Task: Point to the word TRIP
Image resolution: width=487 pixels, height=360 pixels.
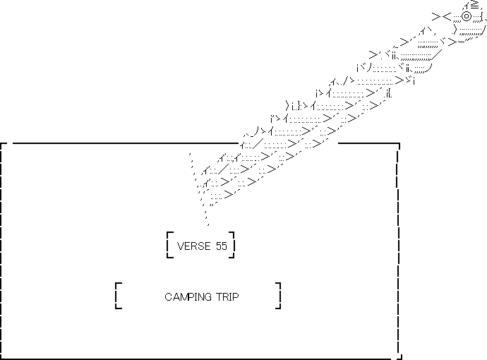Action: tap(225, 297)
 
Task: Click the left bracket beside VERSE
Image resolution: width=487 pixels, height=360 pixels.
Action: tap(169, 244)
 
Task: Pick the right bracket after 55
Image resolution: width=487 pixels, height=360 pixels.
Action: tap(232, 244)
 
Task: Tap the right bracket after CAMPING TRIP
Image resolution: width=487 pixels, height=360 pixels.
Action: tap(279, 296)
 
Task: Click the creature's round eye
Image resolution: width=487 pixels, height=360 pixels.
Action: tap(467, 16)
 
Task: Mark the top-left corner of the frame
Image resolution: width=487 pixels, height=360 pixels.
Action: tap(4, 144)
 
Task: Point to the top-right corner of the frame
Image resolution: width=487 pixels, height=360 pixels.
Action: tap(399, 145)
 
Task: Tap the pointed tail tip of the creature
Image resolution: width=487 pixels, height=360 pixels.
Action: tap(208, 224)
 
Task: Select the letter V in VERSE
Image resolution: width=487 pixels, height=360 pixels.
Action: tap(180, 246)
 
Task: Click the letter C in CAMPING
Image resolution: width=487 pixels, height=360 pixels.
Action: tap(168, 297)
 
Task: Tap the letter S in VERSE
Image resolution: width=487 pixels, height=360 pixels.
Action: tap(200, 246)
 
